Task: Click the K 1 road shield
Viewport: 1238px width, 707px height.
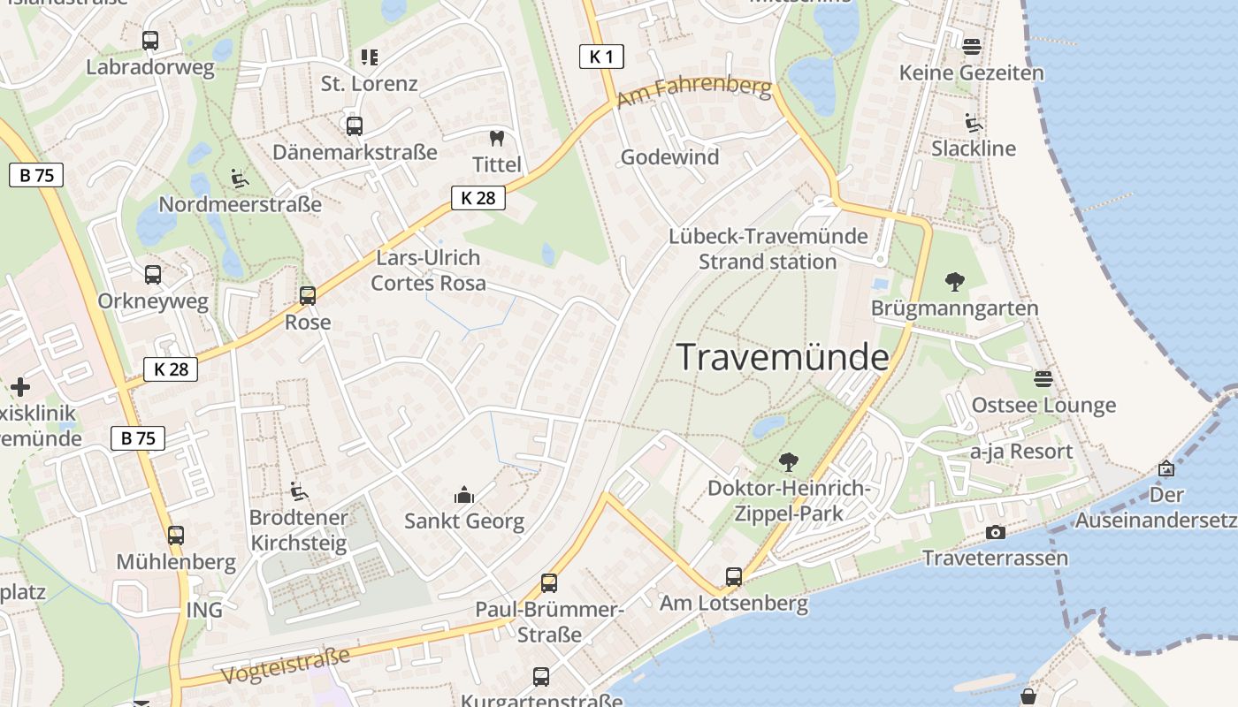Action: click(601, 57)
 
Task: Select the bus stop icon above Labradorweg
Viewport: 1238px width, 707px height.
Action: click(150, 40)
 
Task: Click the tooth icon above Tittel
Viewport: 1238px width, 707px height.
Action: click(496, 138)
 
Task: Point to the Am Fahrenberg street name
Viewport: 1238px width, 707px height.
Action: click(694, 94)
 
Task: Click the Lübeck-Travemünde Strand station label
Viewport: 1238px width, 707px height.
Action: click(768, 249)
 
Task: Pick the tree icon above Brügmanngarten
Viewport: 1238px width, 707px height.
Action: click(954, 282)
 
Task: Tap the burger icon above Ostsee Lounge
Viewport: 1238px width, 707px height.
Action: click(1043, 379)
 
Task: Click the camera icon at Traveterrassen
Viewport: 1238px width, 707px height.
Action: click(996, 532)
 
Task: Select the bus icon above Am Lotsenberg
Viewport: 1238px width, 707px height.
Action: click(734, 577)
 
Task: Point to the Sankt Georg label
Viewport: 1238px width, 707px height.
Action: click(464, 521)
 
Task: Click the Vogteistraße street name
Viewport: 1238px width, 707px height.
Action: click(285, 666)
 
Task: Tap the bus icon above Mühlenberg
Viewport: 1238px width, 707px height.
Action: click(176, 535)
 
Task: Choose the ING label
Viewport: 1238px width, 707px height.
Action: click(204, 610)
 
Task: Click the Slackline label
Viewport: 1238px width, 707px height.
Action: click(974, 148)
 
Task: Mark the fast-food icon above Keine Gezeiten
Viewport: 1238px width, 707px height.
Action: click(972, 46)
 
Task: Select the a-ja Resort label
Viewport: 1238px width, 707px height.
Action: click(1021, 452)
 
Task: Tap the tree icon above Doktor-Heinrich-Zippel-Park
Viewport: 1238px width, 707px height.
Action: click(788, 461)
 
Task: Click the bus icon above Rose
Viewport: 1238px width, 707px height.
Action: click(308, 296)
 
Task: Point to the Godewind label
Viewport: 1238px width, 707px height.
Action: click(669, 157)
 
